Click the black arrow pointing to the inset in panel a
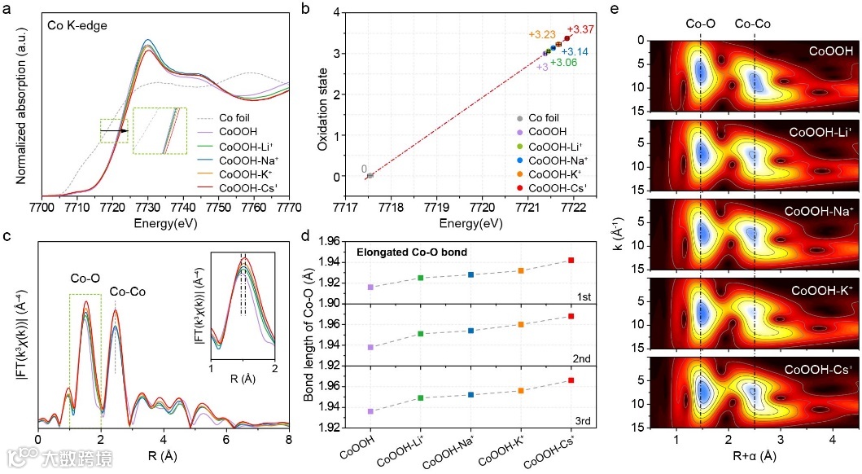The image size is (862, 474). (x=113, y=129)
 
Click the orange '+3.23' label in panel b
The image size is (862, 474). (x=542, y=35)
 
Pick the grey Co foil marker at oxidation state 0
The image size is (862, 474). (x=370, y=175)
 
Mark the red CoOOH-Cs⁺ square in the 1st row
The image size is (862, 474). (x=571, y=260)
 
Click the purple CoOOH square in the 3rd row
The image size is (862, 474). (x=370, y=411)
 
